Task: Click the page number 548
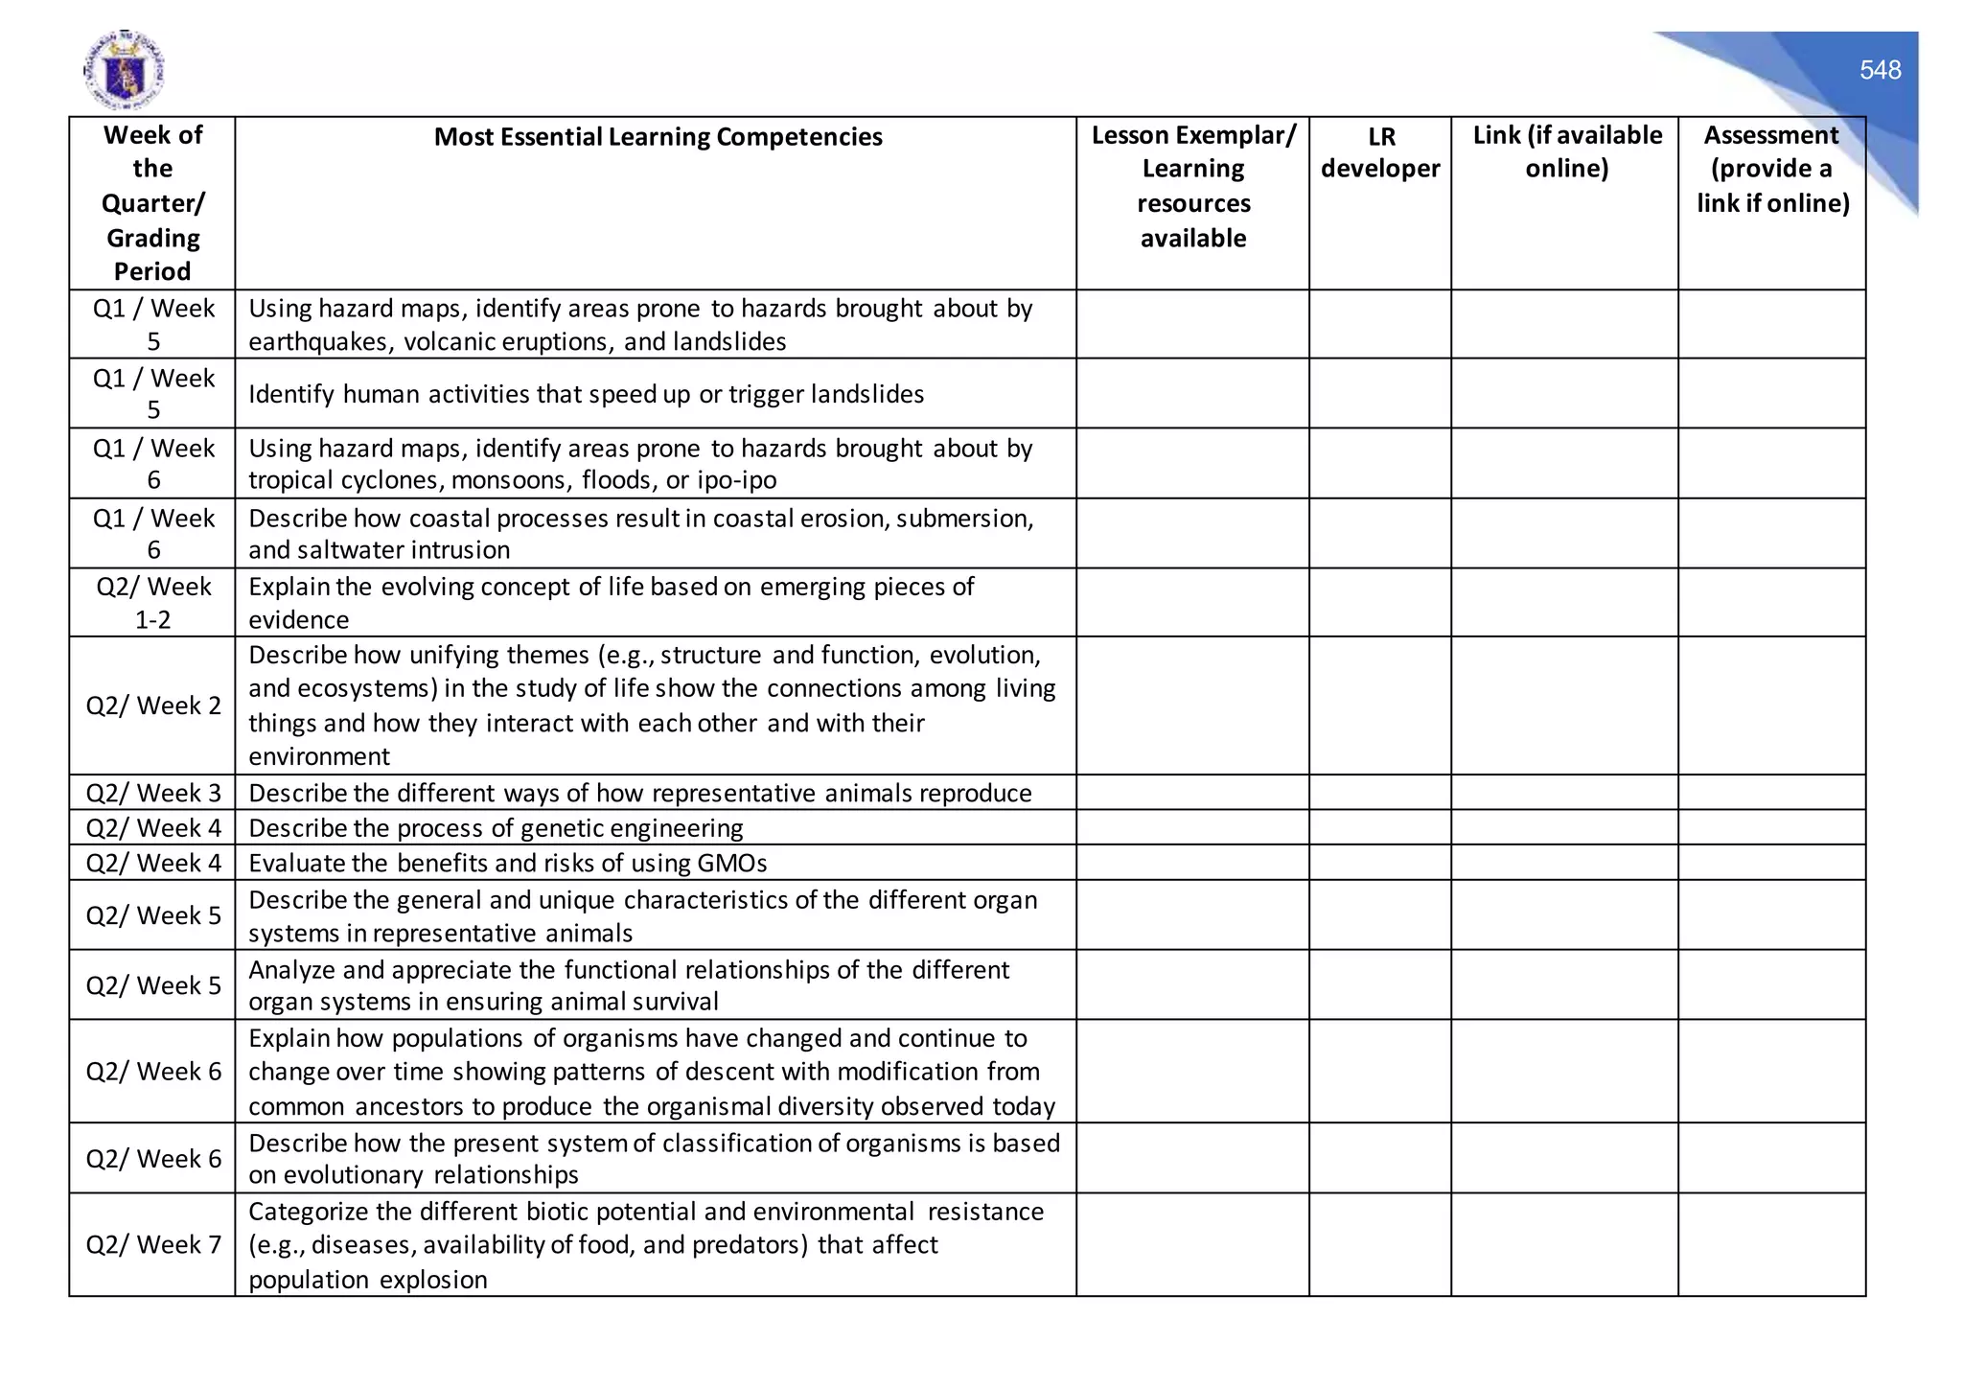click(1880, 70)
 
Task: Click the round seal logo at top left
click(124, 70)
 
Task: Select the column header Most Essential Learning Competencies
click(658, 137)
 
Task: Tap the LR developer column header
click(1380, 152)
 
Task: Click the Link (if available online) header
click(1566, 151)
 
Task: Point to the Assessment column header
click(1772, 169)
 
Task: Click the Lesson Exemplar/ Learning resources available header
click(1192, 186)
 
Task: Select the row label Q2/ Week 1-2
click(152, 603)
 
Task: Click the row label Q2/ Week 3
click(152, 793)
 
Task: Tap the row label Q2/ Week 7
click(152, 1244)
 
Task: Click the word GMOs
click(732, 864)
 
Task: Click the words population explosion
click(367, 1280)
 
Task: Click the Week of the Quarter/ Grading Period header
click(152, 203)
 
